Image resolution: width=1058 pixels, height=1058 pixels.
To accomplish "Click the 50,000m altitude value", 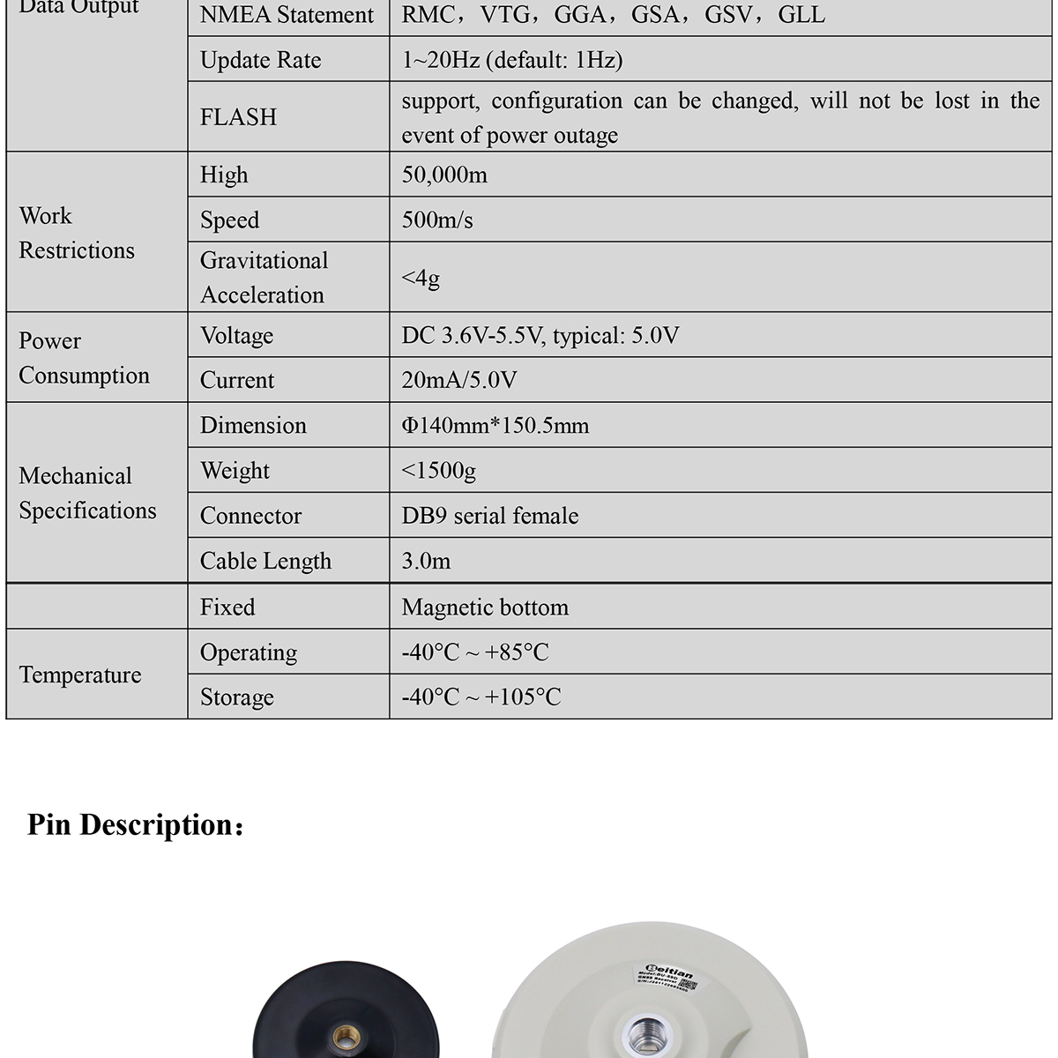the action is tap(444, 175).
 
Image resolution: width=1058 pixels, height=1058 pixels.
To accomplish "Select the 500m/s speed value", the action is tap(437, 220).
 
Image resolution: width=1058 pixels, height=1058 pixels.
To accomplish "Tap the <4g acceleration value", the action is tap(421, 278).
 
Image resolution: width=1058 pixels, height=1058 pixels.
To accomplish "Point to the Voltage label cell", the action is tap(236, 336).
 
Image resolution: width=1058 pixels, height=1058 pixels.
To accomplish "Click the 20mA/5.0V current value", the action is tap(459, 380).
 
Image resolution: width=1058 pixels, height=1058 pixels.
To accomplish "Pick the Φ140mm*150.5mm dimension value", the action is tap(495, 426).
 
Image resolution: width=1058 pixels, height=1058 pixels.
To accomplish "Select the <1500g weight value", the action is tap(438, 471).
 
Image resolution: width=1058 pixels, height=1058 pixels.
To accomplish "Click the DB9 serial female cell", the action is tap(490, 516).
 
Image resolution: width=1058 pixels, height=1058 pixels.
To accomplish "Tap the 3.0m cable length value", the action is tap(426, 561).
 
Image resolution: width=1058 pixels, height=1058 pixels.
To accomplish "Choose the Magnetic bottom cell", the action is tap(485, 607).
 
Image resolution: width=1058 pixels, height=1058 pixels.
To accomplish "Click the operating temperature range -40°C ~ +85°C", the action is tap(475, 652).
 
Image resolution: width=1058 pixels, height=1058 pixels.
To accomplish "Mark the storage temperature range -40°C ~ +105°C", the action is tap(481, 697).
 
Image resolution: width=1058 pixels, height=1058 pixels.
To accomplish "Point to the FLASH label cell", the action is tap(238, 117).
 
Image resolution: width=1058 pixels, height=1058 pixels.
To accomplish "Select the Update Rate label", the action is tap(260, 60).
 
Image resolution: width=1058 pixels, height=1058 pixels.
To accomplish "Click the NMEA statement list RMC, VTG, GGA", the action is tap(613, 15).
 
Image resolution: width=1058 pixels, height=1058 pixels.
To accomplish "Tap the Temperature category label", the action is tap(80, 675).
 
